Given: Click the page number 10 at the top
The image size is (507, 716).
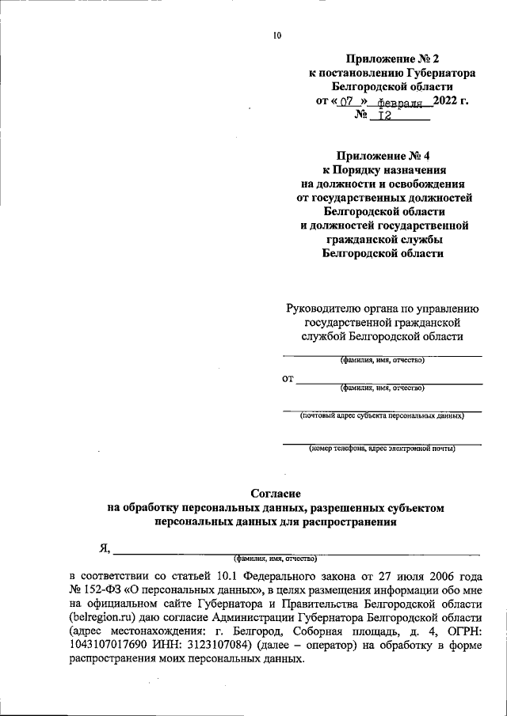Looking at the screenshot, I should click(x=276, y=35).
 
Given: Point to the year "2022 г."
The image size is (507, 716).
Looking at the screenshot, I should click(x=452, y=100).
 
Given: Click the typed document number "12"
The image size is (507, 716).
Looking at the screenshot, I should click(x=385, y=116).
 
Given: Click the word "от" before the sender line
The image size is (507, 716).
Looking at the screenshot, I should click(x=288, y=380).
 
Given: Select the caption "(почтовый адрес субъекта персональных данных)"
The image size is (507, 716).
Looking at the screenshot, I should click(x=382, y=415).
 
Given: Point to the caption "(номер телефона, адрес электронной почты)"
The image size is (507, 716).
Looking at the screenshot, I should click(x=383, y=449).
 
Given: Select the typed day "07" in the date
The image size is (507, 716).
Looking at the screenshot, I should click(x=346, y=102).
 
